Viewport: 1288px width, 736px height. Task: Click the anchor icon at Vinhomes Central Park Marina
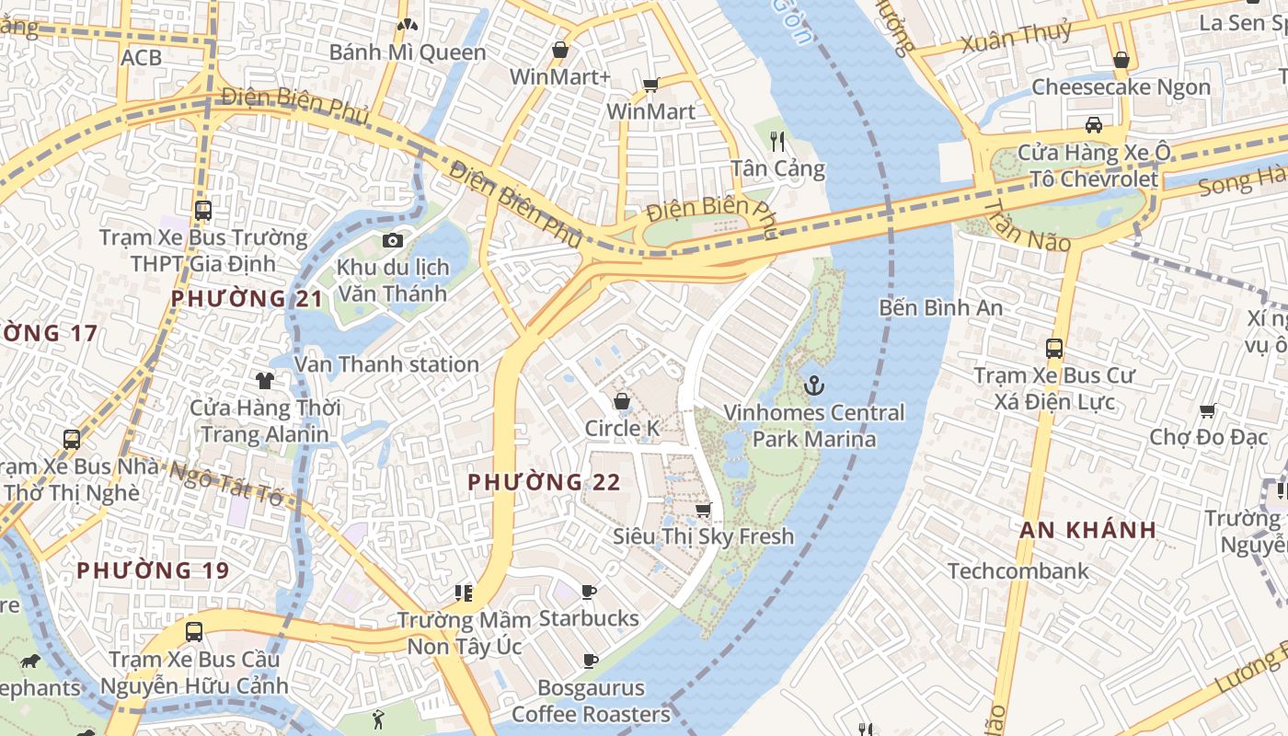[812, 385]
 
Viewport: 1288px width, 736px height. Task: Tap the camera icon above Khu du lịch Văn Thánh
[393, 241]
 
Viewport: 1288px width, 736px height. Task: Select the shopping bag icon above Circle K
[622, 401]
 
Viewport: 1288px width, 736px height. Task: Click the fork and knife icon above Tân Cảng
[778, 141]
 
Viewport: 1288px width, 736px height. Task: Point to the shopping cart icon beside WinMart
[650, 86]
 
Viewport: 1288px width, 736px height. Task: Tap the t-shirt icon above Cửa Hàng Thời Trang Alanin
[265, 380]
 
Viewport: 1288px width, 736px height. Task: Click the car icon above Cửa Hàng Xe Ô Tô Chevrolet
[1093, 125]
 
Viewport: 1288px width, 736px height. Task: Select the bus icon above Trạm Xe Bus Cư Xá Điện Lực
[1054, 349]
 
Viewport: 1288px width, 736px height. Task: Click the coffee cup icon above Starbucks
[589, 591]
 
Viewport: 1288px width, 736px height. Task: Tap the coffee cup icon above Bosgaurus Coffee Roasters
[591, 661]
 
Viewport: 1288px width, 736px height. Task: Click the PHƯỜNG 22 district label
[544, 482]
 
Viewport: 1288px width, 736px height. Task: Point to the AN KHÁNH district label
[1087, 530]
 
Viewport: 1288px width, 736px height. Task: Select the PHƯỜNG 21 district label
[247, 298]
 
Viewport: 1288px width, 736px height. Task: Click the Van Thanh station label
[386, 364]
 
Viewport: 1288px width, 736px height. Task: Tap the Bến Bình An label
[940, 307]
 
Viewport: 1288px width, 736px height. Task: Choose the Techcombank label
[1018, 571]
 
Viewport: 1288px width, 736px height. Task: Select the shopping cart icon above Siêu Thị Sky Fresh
[703, 510]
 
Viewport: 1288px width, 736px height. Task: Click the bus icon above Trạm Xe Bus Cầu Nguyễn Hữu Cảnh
[193, 632]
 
